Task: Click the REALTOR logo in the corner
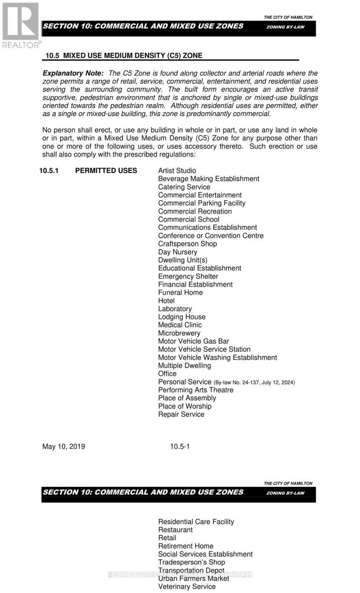pyautogui.click(x=20, y=24)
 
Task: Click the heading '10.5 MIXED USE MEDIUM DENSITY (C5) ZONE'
pyautogui.click(x=124, y=56)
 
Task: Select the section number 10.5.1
pyautogui.click(x=52, y=171)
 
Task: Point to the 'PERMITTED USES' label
pyautogui.click(x=106, y=171)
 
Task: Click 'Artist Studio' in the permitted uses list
pyautogui.click(x=177, y=171)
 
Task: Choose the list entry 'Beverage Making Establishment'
pyautogui.click(x=208, y=179)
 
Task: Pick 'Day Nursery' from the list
pyautogui.click(x=177, y=252)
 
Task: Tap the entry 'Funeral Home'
pyautogui.click(x=180, y=293)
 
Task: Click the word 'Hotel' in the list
pyautogui.click(x=166, y=300)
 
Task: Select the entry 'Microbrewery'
pyautogui.click(x=179, y=333)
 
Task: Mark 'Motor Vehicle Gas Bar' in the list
pyautogui.click(x=194, y=341)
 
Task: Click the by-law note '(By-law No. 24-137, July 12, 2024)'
pyautogui.click(x=254, y=382)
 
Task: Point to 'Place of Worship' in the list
pyautogui.click(x=185, y=406)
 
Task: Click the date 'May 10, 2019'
pyautogui.click(x=63, y=447)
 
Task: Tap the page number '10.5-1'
pyautogui.click(x=180, y=447)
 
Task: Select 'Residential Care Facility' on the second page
pyautogui.click(x=196, y=522)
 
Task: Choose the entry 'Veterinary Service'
pyautogui.click(x=187, y=587)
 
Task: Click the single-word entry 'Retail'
pyautogui.click(x=167, y=538)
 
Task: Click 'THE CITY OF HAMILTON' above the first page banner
pyautogui.click(x=288, y=17)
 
